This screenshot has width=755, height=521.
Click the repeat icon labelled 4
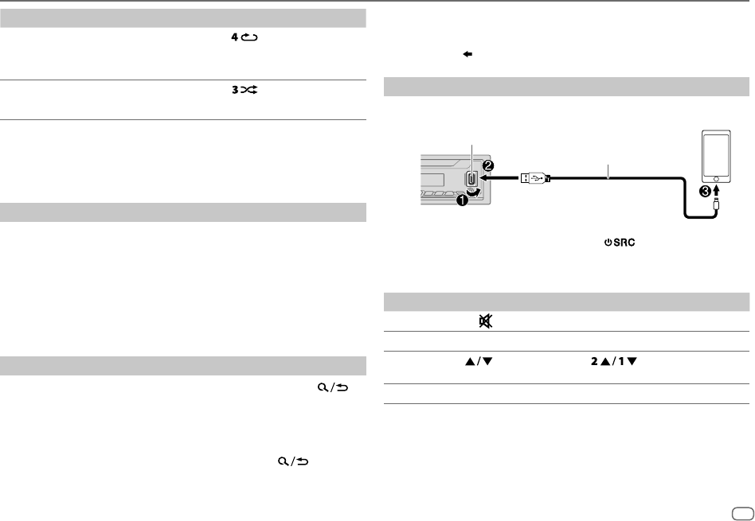coord(244,37)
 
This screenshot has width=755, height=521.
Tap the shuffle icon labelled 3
coord(244,89)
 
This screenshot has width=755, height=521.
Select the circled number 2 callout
coord(487,166)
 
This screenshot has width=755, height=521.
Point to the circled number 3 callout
coord(706,192)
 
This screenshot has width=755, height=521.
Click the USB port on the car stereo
coord(471,178)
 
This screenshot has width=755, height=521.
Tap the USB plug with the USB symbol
coord(534,178)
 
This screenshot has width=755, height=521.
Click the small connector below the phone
coord(717,205)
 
